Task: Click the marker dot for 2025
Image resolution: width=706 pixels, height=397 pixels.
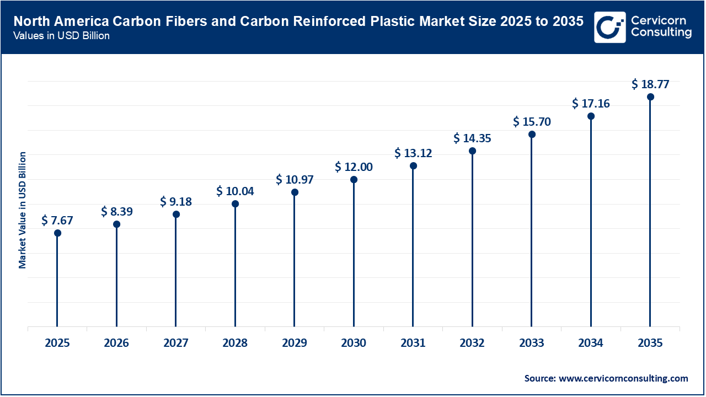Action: point(57,233)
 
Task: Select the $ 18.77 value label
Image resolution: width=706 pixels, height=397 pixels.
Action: point(650,84)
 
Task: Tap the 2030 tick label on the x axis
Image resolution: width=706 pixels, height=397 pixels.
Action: point(354,343)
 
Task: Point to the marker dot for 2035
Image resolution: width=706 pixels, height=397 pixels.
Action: point(650,97)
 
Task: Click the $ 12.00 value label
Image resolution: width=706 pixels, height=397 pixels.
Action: point(354,167)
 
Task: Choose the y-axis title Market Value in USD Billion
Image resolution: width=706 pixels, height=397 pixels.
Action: point(23,210)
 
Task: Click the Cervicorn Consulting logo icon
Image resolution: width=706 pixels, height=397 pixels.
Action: point(609,27)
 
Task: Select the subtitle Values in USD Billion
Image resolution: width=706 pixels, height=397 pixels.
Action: point(61,36)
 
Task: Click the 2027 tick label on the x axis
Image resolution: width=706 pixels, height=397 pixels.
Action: point(176,343)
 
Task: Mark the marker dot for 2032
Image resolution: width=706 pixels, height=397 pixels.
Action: point(472,151)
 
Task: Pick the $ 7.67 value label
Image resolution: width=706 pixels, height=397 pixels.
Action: point(57,220)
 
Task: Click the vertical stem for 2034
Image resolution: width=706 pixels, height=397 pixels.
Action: point(591,221)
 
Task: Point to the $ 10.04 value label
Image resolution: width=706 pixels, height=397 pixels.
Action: point(235,191)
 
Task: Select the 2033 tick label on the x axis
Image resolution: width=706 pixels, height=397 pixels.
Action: point(532,343)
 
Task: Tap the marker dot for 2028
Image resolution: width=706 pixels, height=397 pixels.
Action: point(235,203)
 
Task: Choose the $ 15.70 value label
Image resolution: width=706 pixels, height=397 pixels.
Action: point(532,121)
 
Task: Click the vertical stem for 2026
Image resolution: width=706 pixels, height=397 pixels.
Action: point(116,276)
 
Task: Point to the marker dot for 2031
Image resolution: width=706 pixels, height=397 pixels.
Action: point(413,165)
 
